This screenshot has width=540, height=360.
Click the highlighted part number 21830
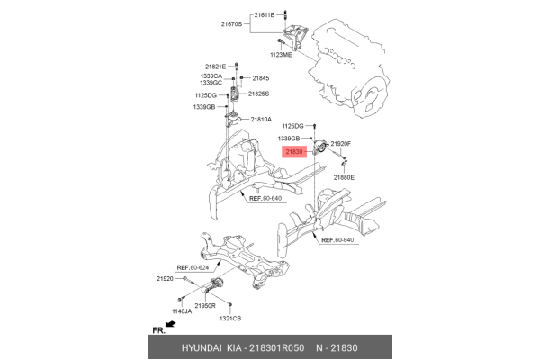point(295,153)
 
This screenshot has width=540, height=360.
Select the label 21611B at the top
point(265,15)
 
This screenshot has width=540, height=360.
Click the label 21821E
point(216,67)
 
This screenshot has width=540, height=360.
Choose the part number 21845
point(261,78)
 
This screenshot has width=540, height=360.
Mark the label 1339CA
point(211,76)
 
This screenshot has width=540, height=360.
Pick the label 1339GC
point(211,83)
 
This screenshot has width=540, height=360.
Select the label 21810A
point(261,119)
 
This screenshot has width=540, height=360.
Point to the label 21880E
point(344,177)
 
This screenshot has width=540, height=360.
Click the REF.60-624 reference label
point(193,267)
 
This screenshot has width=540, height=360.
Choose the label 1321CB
point(232,319)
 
